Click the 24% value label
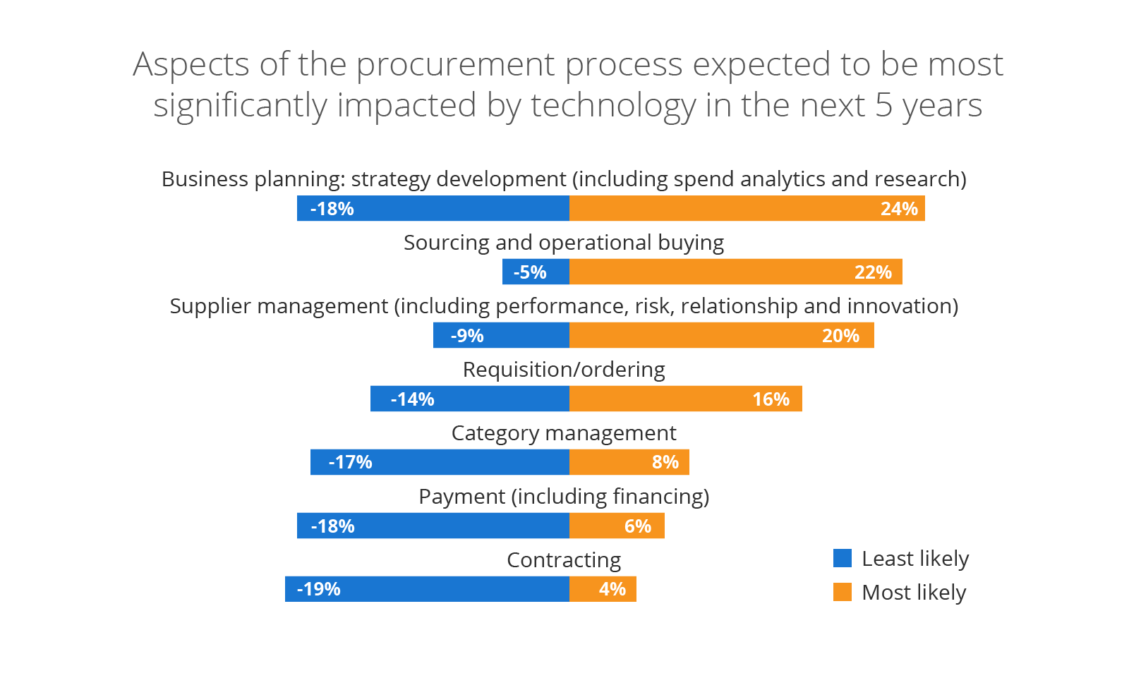pyautogui.click(x=898, y=209)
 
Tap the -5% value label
pyautogui.click(x=529, y=272)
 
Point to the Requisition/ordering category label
pyautogui.click(x=564, y=370)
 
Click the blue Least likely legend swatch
pyautogui.click(x=842, y=558)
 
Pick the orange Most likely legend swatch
pyautogui.click(x=842, y=592)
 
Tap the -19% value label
pyautogui.click(x=318, y=589)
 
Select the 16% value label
pyautogui.click(x=771, y=399)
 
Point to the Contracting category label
pyautogui.click(x=564, y=560)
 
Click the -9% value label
pyautogui.click(x=466, y=336)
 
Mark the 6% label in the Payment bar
pyautogui.click(x=637, y=526)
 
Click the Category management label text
pyautogui.click(x=564, y=433)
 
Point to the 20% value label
pyautogui.click(x=840, y=336)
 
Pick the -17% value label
pyautogui.click(x=350, y=462)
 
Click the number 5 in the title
pyautogui.click(x=883, y=106)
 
